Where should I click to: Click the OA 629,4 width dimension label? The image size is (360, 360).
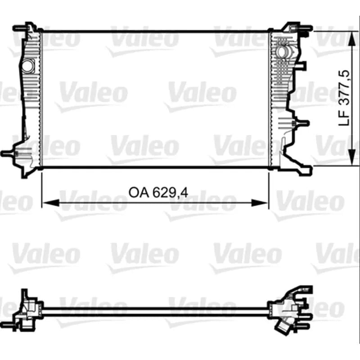(158, 193)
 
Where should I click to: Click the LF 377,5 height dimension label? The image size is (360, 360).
(344, 98)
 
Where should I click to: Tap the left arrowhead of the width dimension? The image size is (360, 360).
(51, 203)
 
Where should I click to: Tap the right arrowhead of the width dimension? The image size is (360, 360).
(260, 203)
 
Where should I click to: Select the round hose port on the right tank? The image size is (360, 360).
(282, 52)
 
